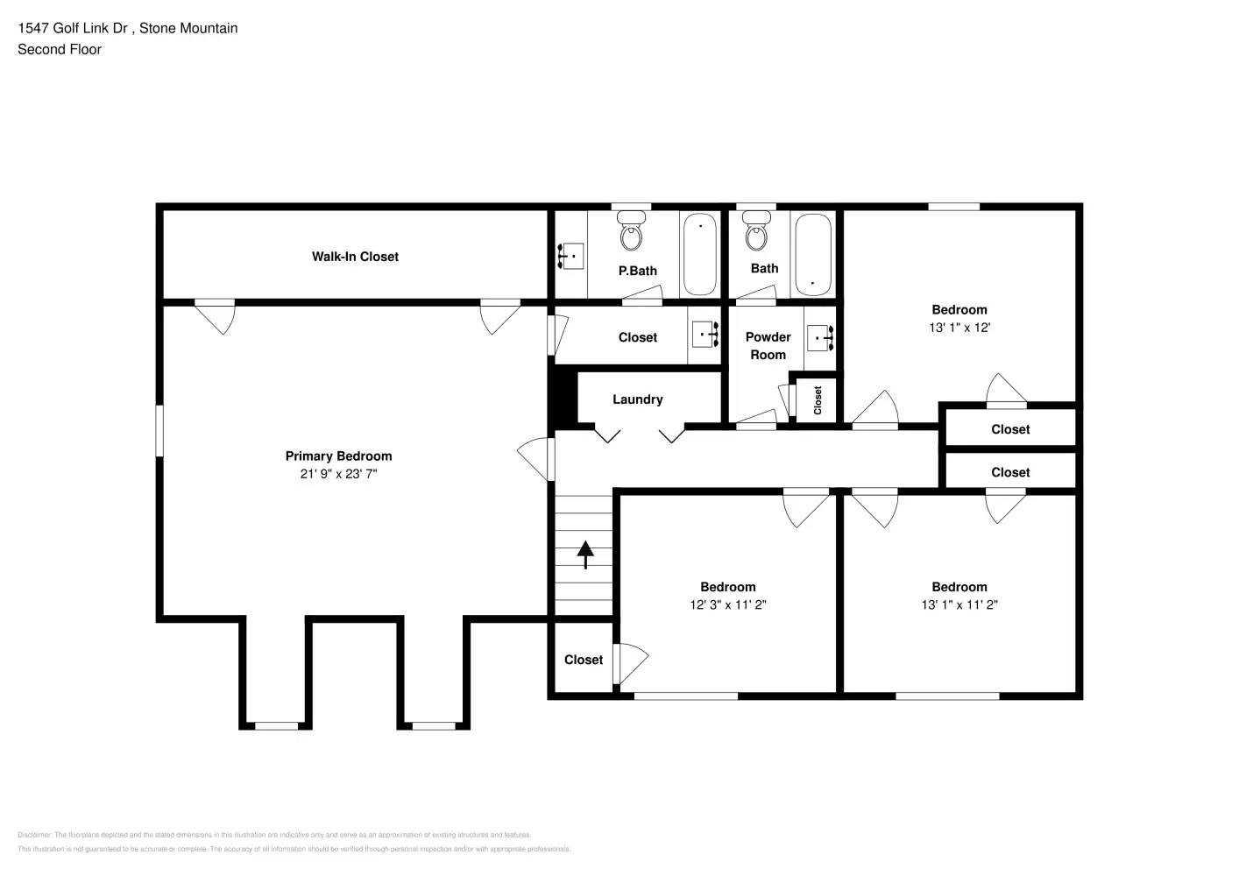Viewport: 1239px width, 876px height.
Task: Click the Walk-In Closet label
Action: pyautogui.click(x=355, y=257)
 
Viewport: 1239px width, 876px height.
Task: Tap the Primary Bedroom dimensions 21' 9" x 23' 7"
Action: pyautogui.click(x=338, y=474)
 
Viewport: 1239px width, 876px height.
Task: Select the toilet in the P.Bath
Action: pyautogui.click(x=631, y=234)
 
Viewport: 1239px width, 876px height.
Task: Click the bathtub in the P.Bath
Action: pyautogui.click(x=699, y=254)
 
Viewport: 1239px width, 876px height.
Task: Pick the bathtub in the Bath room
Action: pyautogui.click(x=812, y=254)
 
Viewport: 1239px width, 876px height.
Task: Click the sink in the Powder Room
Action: pyautogui.click(x=820, y=337)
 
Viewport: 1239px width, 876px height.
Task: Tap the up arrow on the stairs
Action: pyautogui.click(x=584, y=555)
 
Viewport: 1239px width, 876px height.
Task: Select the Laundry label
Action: pyautogui.click(x=637, y=399)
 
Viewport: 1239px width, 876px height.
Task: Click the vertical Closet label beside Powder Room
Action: pyautogui.click(x=818, y=400)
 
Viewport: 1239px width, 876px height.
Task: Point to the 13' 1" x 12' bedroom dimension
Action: pyautogui.click(x=959, y=328)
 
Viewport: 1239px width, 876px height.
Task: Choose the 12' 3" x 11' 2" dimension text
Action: pyautogui.click(x=727, y=604)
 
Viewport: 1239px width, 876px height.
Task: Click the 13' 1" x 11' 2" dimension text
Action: pyautogui.click(x=959, y=604)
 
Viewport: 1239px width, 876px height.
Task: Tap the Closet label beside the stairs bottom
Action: pyautogui.click(x=583, y=660)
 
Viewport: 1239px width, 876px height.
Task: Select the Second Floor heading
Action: pyautogui.click(x=60, y=49)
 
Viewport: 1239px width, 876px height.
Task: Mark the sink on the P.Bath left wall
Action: pyautogui.click(x=570, y=256)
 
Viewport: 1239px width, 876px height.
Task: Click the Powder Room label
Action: pyautogui.click(x=768, y=346)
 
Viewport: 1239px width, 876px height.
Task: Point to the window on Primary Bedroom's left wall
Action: pyautogui.click(x=159, y=430)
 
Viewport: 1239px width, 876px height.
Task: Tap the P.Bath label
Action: pyautogui.click(x=637, y=271)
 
